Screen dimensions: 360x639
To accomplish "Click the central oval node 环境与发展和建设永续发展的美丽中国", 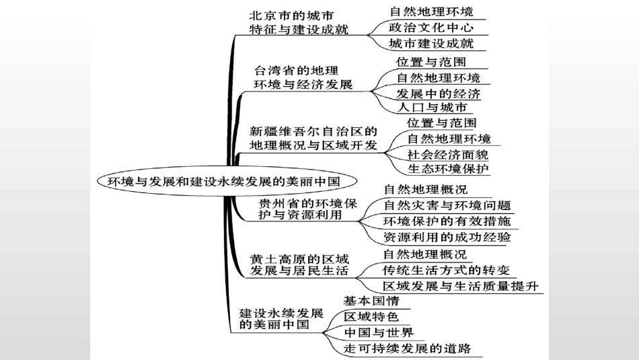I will pos(223,181).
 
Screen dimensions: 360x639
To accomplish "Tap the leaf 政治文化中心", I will pos(431,28).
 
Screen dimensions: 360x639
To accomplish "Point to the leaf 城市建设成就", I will pos(431,44).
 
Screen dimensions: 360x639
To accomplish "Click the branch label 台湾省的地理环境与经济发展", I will pos(303,77).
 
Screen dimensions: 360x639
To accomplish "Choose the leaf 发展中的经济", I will pos(439,93).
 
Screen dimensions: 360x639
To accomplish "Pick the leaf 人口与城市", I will pos(432,108).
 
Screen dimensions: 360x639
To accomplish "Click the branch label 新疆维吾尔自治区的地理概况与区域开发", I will pos(313,138).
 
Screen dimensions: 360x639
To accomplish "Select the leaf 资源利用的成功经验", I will pos(447,237).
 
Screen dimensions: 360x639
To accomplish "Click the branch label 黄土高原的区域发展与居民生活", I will pos(299,264).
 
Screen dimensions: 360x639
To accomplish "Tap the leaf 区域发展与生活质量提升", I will pos(461,287).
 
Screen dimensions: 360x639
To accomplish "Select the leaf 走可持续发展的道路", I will pos(408,348).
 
